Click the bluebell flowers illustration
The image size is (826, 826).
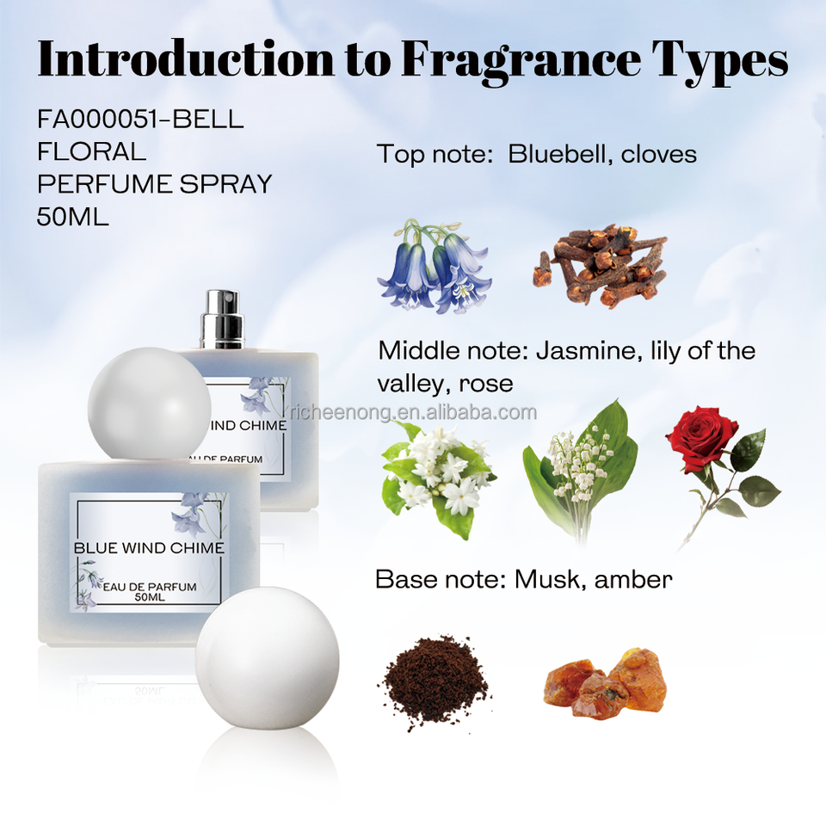pos(435,267)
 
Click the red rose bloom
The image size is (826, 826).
pos(694,438)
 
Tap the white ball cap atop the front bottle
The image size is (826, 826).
pos(150,404)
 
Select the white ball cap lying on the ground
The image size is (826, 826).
pos(267,658)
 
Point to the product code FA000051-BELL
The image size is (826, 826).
pos(140,119)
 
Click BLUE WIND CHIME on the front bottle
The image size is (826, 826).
pos(149,548)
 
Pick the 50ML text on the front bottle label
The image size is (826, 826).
pos(150,597)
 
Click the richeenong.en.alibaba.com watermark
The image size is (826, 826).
pos(414,412)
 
